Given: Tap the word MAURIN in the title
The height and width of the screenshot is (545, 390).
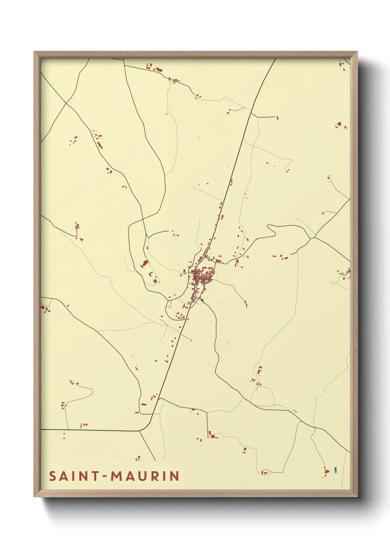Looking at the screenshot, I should [145, 476].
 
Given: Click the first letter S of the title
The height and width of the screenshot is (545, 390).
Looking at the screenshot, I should [52, 476].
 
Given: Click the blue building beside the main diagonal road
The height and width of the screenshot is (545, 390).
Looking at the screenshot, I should [221, 203].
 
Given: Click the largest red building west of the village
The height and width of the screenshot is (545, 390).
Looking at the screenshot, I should [144, 263].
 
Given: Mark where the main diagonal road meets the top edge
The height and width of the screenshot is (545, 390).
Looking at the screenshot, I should [275, 59].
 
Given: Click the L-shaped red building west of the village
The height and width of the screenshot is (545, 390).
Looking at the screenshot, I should [150, 274].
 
